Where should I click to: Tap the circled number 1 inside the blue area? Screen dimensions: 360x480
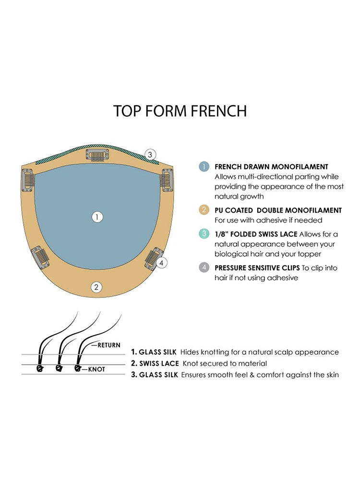point(97,217)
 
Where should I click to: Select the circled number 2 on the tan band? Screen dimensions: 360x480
point(96,287)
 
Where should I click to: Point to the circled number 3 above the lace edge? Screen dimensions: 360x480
point(150,155)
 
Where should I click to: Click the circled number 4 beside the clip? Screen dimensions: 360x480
point(161,263)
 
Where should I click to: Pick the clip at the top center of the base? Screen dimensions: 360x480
point(97,155)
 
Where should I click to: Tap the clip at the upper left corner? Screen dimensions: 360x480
point(27,180)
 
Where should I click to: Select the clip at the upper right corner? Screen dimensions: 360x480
point(167,180)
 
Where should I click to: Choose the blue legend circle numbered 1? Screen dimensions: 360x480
point(204,167)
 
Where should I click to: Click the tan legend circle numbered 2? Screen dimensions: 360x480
point(204,210)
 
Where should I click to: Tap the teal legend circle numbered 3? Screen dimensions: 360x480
point(204,234)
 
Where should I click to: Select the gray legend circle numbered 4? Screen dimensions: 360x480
point(204,267)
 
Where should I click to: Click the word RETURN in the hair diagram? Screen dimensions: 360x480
point(109,345)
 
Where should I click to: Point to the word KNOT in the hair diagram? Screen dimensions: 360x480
point(96,370)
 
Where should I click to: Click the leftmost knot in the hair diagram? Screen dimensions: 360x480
point(39,368)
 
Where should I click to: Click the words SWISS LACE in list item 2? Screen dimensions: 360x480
point(159,363)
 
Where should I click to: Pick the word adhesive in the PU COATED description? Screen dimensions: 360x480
point(272,220)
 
